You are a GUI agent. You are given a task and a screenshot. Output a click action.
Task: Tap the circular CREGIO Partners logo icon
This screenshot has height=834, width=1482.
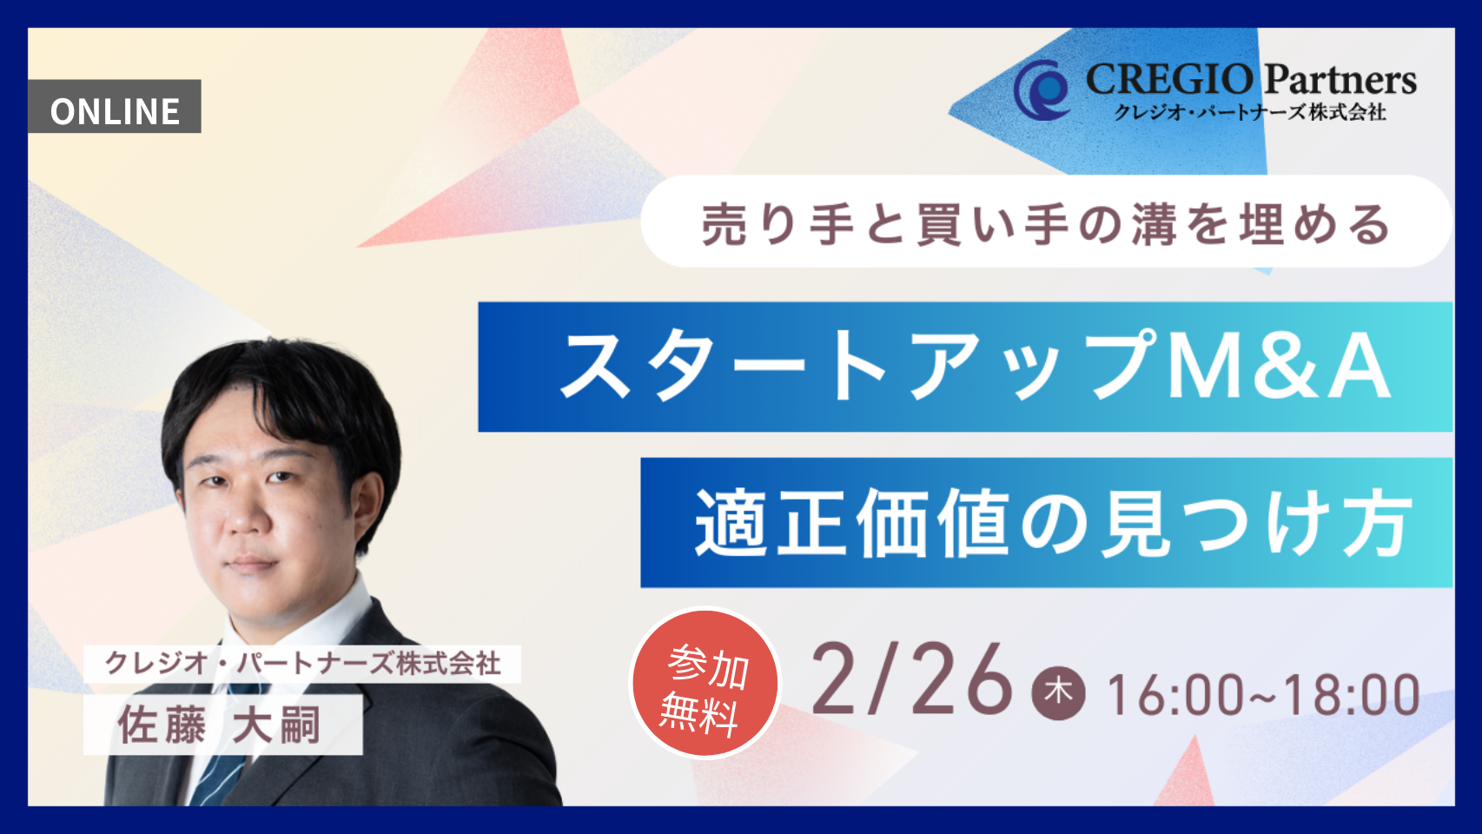pyautogui.click(x=1042, y=89)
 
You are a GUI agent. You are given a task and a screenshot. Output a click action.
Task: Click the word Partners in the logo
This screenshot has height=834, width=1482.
pyautogui.click(x=1340, y=80)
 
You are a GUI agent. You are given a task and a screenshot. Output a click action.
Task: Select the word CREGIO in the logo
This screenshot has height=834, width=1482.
pyautogui.click(x=1169, y=80)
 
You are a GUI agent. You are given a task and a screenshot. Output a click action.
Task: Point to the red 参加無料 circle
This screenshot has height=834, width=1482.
pyautogui.click(x=705, y=683)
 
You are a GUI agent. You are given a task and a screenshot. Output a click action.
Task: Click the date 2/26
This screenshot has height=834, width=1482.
pyautogui.click(x=912, y=680)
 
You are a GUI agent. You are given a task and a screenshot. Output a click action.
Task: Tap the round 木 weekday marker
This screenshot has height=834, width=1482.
pyautogui.click(x=1058, y=692)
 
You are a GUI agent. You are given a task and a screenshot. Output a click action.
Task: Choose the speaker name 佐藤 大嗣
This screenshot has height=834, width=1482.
pyautogui.click(x=221, y=725)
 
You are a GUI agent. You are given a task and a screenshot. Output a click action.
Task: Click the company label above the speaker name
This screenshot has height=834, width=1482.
pyautogui.click(x=302, y=664)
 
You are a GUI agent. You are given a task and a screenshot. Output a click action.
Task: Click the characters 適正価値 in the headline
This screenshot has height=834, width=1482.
pyautogui.click(x=851, y=523)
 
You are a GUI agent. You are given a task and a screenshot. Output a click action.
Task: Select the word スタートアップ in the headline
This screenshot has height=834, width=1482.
pyautogui.click(x=860, y=367)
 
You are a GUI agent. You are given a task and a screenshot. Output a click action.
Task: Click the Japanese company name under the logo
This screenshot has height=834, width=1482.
pyautogui.click(x=1250, y=113)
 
